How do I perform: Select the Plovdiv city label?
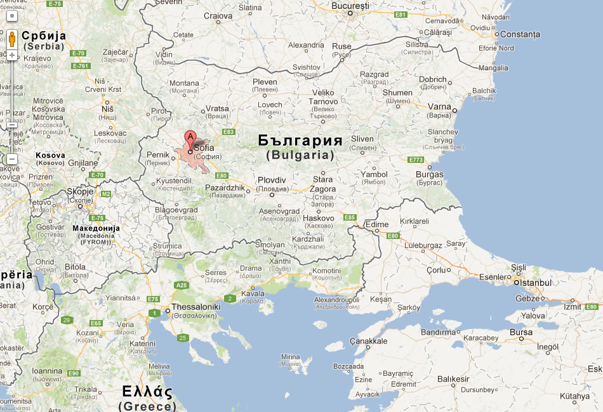(272, 180)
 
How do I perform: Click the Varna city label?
(439, 106)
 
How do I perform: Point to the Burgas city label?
(430, 174)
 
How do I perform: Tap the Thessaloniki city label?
(196, 307)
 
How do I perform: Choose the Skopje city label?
(81, 191)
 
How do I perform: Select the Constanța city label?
(520, 34)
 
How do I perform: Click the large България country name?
(300, 141)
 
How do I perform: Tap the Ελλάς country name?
(148, 390)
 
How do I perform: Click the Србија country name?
(44, 35)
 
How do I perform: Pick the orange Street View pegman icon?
(11, 39)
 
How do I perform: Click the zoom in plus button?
(11, 55)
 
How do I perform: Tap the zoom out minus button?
(11, 158)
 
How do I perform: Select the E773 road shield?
(416, 160)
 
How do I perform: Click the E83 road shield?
(229, 132)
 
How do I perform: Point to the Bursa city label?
(520, 332)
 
